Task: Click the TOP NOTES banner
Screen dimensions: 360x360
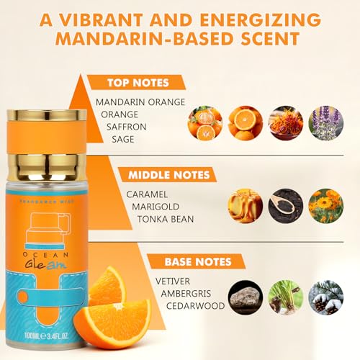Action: point(136,83)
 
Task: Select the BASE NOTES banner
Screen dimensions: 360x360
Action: point(197,261)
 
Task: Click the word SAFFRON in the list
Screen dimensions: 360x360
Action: point(126,127)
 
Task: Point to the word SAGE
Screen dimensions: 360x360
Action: point(123,139)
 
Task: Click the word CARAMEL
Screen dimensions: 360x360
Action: point(147,194)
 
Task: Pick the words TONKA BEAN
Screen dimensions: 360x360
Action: point(166,219)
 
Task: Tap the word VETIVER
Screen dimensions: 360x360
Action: point(173,282)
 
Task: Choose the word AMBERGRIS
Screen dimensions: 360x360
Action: point(186,294)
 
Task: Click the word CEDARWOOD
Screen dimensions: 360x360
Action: point(195,306)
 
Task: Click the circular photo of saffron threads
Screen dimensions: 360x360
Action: point(286,123)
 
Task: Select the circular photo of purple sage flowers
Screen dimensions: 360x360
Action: point(326,123)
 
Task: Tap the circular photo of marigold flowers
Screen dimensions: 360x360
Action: point(326,206)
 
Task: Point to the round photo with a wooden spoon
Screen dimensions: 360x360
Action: point(286,206)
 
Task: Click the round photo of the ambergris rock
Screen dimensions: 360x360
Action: point(246,297)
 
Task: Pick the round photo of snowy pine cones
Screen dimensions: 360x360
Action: point(326,297)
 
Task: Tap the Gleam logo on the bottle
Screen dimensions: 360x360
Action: point(45,265)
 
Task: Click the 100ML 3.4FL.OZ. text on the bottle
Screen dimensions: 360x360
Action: point(47,336)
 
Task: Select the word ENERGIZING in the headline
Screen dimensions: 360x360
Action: point(261,19)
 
